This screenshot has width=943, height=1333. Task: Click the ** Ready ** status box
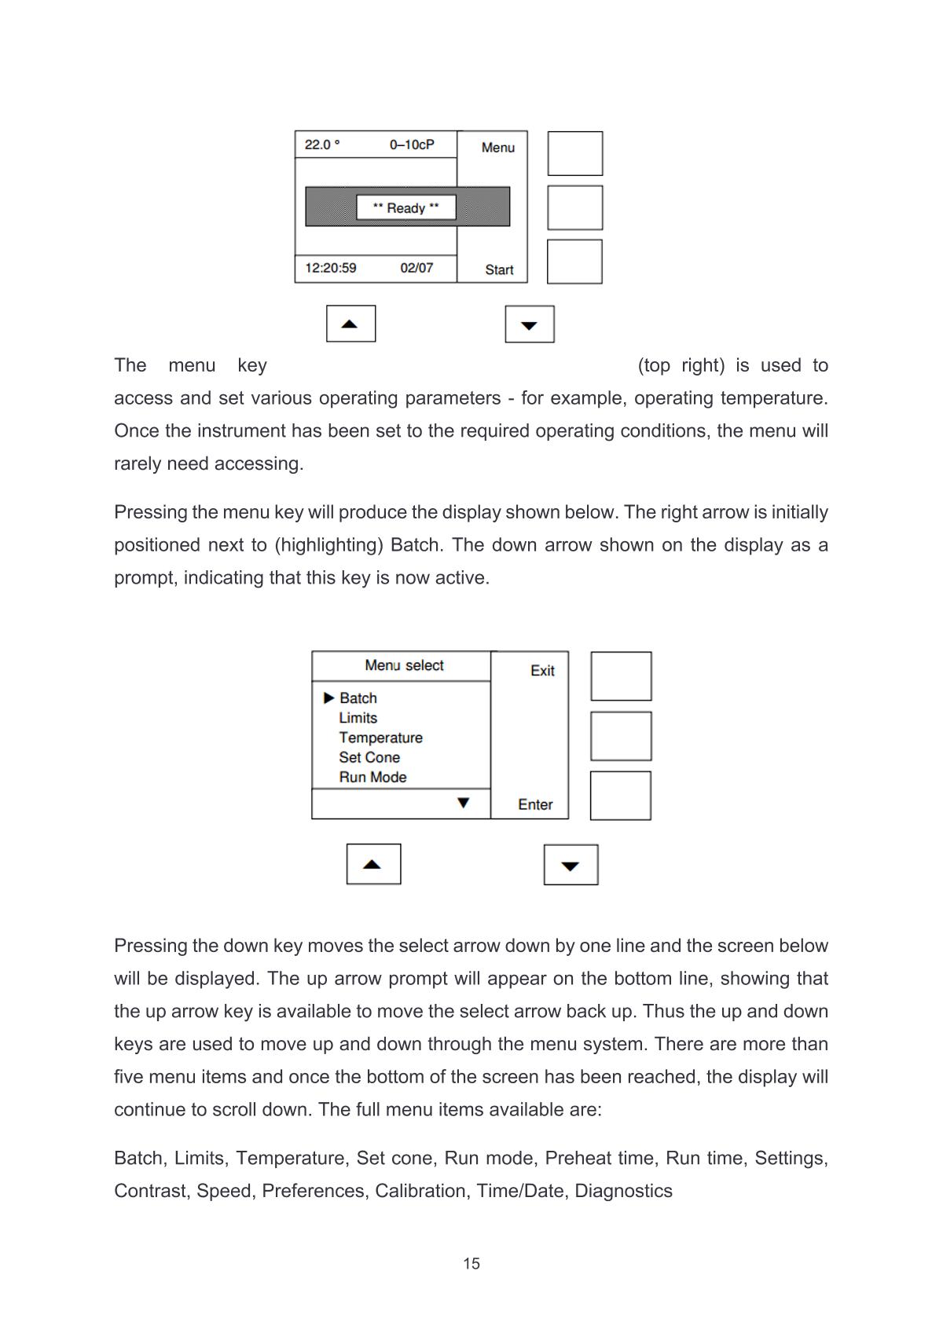click(405, 207)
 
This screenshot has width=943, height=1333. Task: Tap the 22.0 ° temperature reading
click(322, 145)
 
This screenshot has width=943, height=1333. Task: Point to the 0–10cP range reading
click(412, 145)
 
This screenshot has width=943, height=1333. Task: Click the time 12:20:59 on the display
click(331, 268)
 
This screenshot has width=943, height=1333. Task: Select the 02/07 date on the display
click(416, 268)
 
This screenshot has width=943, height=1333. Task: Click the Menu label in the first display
click(498, 148)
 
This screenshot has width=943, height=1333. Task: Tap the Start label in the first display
click(499, 270)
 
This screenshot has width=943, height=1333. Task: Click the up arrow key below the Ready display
click(350, 324)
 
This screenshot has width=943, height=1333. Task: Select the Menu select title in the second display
click(404, 665)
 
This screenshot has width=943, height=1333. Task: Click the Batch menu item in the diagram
click(358, 698)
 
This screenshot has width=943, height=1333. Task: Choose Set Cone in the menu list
click(369, 757)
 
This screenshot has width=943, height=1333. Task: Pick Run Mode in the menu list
click(372, 777)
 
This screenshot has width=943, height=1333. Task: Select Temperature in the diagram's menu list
click(380, 738)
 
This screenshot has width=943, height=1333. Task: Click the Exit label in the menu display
click(542, 671)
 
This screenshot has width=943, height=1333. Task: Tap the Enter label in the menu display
click(535, 804)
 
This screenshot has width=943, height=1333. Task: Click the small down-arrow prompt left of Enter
click(463, 803)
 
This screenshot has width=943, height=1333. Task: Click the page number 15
click(472, 1263)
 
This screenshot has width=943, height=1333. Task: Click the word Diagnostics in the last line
click(623, 1191)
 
